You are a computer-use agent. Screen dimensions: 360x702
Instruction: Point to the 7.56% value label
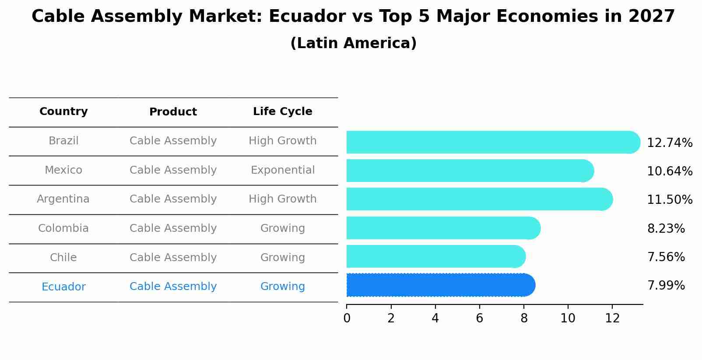[x=666, y=257]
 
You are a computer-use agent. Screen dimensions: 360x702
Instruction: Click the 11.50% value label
[x=669, y=200]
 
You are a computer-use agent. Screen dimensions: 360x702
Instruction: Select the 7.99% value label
[x=666, y=286]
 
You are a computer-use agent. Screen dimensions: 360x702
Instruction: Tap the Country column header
[x=63, y=112]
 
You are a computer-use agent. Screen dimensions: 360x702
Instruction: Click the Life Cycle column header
[x=282, y=112]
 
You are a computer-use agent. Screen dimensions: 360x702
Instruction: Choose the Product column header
[x=173, y=112]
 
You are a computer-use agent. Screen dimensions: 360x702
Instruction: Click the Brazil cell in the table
[x=63, y=141]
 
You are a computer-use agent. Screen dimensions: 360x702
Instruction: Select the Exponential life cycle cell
[x=282, y=170]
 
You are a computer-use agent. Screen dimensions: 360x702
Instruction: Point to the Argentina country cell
[x=63, y=199]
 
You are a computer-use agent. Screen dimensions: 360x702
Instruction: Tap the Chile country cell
[x=63, y=258]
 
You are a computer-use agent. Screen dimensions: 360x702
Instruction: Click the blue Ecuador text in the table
[x=63, y=287]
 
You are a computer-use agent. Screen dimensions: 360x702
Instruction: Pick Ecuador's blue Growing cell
[x=282, y=287]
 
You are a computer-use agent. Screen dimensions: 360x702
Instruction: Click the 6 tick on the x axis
[x=479, y=318]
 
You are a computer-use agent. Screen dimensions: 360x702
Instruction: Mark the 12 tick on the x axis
[x=612, y=318]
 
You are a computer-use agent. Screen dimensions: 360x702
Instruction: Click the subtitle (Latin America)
[x=353, y=43]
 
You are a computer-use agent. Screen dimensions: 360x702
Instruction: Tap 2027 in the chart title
[x=651, y=17]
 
